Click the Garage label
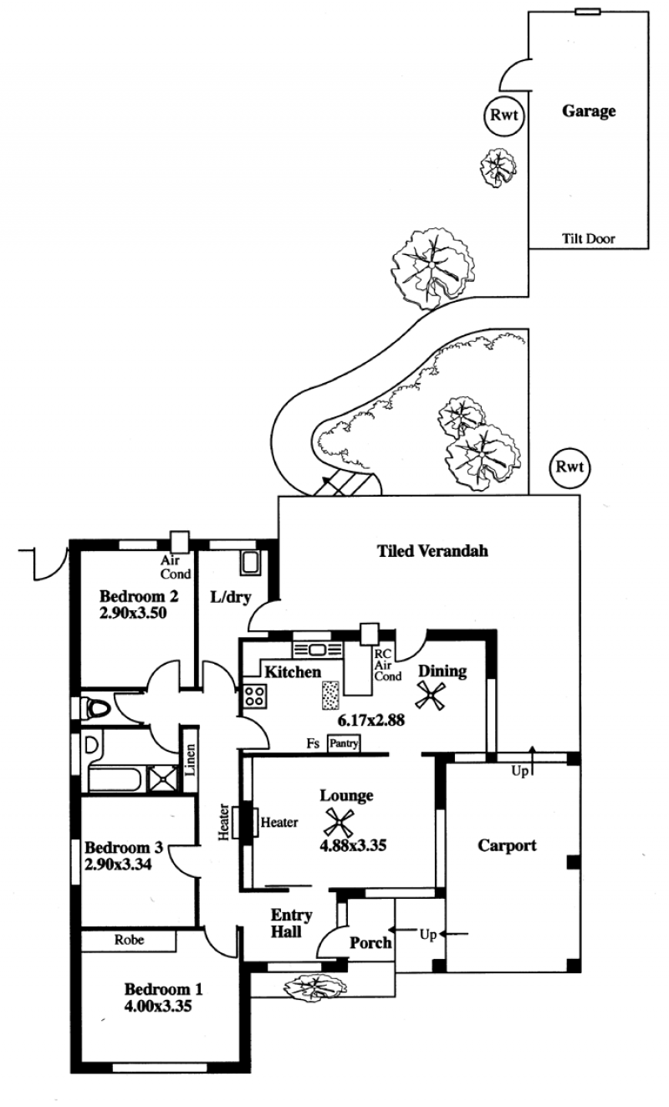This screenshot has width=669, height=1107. click(589, 111)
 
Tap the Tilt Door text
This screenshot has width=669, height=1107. click(589, 239)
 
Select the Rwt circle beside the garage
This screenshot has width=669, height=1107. click(503, 115)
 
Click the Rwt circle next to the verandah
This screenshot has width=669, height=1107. click(569, 467)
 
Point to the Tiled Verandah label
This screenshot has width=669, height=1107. click(432, 551)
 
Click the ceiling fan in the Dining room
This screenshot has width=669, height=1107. click(431, 696)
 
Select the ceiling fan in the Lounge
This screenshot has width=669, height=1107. click(340, 824)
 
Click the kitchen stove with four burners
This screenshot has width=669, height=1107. click(255, 696)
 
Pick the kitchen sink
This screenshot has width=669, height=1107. click(318, 650)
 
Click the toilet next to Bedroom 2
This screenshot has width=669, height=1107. click(94, 709)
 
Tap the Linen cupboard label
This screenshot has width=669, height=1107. click(190, 759)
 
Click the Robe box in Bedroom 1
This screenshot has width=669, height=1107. click(129, 940)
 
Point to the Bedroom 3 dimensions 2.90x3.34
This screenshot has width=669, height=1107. click(118, 865)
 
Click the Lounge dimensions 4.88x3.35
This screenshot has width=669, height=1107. click(353, 845)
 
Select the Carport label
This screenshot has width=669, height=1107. click(507, 845)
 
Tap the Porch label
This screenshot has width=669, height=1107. click(370, 943)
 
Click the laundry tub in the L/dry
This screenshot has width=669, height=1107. click(250, 563)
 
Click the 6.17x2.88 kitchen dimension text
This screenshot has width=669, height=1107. click(371, 721)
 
